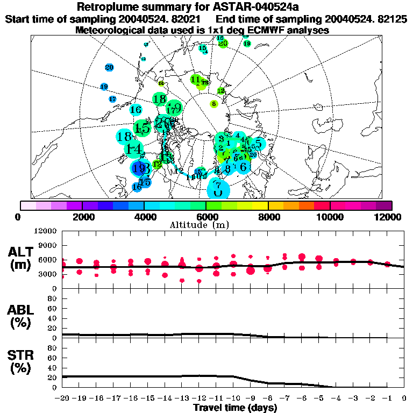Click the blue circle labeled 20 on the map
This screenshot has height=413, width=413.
click(109, 67)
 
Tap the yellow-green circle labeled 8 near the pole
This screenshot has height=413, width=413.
click(213, 104)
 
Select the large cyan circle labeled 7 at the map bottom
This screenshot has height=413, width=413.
click(218, 188)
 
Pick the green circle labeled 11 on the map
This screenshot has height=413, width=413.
click(196, 80)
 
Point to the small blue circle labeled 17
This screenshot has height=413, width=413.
click(112, 99)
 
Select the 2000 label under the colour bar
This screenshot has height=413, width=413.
click(81, 217)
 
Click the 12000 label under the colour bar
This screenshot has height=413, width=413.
click(389, 217)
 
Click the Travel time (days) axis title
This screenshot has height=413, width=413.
click(235, 408)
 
